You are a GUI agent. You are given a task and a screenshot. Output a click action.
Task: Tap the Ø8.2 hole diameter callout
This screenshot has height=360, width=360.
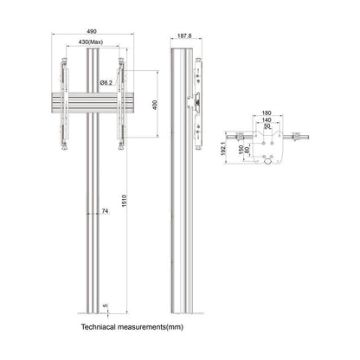[106, 82]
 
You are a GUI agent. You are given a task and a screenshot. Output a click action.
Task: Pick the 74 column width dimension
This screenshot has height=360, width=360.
[105, 210]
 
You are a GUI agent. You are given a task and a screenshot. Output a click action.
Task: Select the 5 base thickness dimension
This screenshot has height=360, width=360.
[105, 304]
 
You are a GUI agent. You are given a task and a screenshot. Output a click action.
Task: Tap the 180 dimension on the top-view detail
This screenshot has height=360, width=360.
[266, 112]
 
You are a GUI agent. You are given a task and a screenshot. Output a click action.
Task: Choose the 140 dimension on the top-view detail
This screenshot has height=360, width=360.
[266, 119]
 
